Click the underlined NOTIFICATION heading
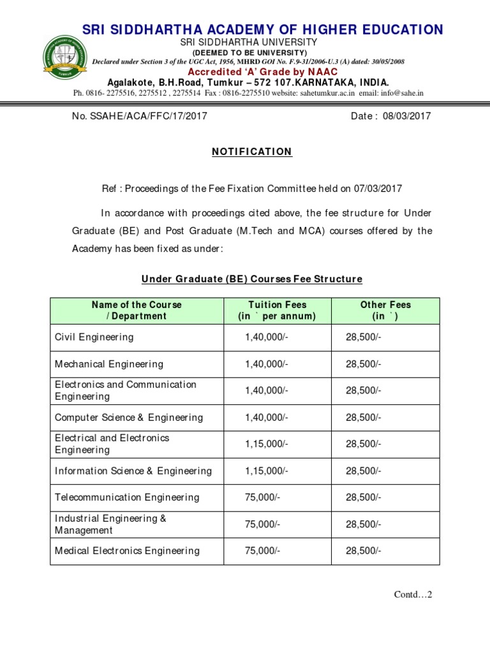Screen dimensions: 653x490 (251, 152)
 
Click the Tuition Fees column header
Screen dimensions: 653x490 (276, 311)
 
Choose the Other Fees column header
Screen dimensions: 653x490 (385, 311)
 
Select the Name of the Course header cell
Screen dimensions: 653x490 (137, 311)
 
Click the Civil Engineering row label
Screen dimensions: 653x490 (94, 337)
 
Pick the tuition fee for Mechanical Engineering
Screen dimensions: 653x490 (267, 364)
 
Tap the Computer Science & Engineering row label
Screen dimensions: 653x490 (129, 418)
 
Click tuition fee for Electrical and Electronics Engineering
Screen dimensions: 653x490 (267, 444)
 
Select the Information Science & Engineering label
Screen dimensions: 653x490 (133, 471)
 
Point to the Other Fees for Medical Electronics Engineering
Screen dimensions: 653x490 (364, 551)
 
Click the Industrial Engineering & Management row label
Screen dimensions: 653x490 (110, 524)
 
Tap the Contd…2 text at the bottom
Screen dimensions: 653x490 (413, 595)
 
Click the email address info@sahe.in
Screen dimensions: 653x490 (398, 93)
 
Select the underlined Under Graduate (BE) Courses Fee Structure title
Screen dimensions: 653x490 (251, 279)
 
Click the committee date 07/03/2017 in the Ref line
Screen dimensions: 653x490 (380, 189)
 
